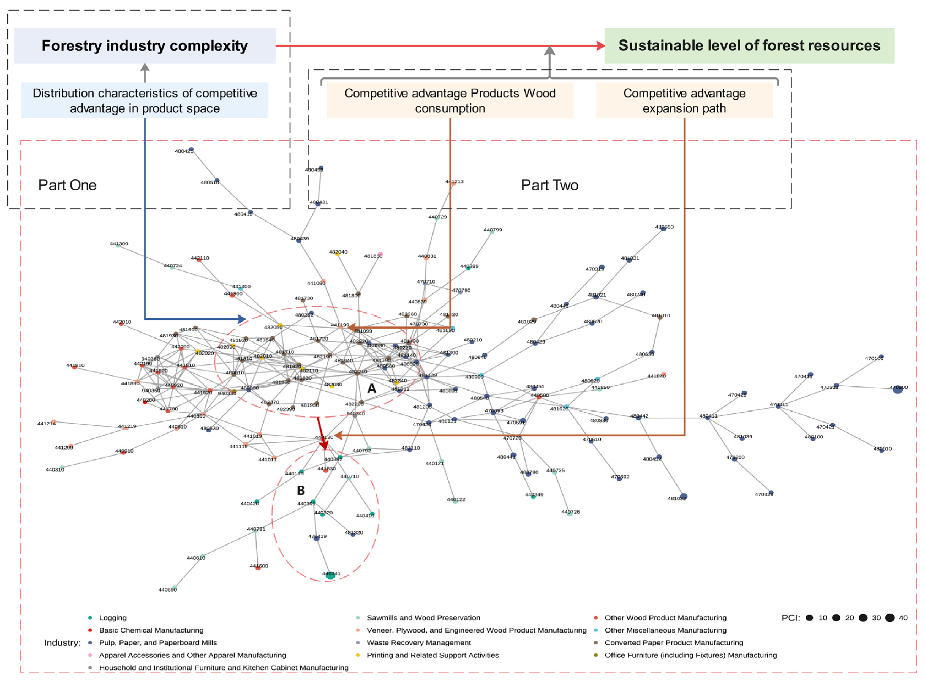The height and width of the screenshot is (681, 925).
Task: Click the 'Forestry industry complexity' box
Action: click(145, 46)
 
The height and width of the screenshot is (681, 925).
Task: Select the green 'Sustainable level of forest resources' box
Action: click(749, 46)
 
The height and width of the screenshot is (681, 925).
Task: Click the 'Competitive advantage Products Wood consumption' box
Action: click(450, 100)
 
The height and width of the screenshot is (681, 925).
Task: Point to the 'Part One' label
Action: click(67, 185)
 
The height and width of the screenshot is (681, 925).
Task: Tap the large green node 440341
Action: click(330, 575)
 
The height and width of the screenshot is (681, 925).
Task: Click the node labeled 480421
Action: click(191, 149)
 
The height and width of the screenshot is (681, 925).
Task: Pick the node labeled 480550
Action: click(663, 228)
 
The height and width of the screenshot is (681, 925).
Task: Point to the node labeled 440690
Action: click(175, 587)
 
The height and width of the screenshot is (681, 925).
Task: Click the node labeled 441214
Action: click(54, 421)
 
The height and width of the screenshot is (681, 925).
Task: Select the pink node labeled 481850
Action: click(380, 254)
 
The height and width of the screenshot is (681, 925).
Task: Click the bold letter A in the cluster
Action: click(371, 388)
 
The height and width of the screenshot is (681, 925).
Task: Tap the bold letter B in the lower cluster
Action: click(301, 490)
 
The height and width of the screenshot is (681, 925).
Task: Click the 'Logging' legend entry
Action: click(113, 617)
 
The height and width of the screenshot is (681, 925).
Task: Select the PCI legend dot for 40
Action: click(889, 617)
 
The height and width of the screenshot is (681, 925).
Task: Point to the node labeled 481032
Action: click(684, 496)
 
